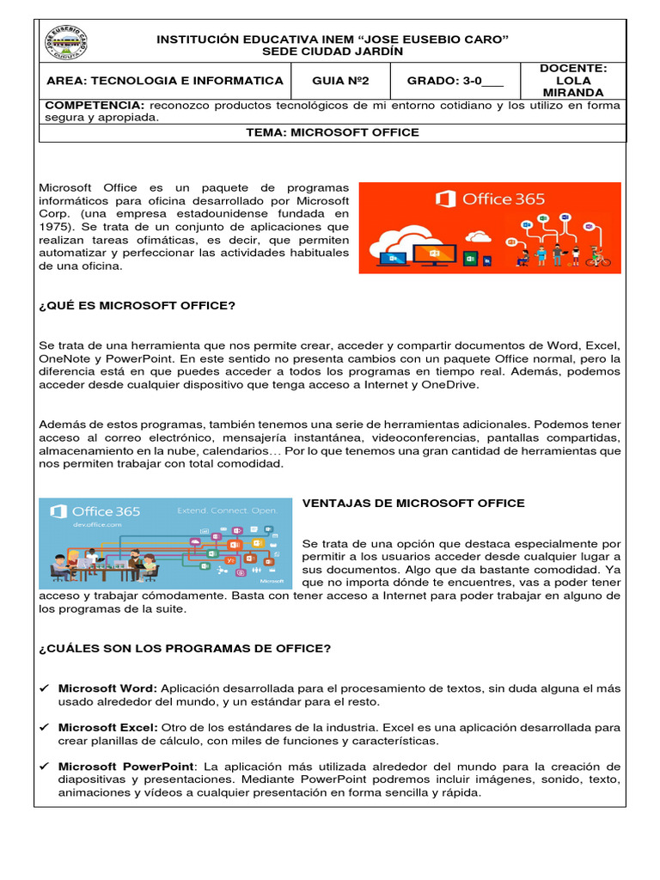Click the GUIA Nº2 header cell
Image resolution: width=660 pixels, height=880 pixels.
[x=339, y=81]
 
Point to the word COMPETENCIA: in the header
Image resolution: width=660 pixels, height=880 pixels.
[x=93, y=106]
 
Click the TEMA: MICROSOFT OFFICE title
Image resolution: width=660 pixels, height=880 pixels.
[x=332, y=132]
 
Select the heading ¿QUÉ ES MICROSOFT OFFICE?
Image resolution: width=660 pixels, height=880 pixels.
[x=137, y=306]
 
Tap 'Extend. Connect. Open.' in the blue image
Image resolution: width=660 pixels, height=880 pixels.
[x=227, y=510]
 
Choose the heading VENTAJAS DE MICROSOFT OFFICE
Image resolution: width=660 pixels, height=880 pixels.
[x=413, y=503]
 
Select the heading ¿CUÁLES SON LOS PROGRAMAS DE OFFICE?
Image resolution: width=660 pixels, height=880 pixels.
[x=185, y=648]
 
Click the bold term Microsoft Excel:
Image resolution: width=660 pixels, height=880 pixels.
[x=101, y=727]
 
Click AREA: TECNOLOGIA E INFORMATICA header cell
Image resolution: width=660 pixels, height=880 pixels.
[x=162, y=81]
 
